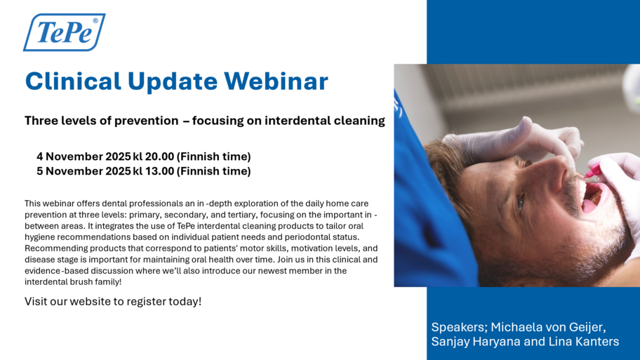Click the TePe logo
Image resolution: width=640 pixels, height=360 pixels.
tap(64, 32)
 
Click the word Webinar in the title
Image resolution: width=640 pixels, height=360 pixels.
tap(276, 81)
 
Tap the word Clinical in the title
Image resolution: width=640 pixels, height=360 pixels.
tap(73, 81)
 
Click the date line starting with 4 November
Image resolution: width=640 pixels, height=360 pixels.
tap(144, 156)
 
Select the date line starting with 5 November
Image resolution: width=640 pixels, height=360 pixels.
tap(144, 171)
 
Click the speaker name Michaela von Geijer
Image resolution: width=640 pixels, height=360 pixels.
tap(548, 327)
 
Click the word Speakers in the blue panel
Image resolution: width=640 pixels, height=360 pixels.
tap(459, 327)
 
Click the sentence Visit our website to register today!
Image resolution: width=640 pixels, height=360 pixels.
tap(113, 302)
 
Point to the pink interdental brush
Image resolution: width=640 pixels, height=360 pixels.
tap(592, 172)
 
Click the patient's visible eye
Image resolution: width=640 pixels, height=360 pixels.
tap(521, 203)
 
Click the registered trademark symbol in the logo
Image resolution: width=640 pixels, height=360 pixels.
tap(95, 21)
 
